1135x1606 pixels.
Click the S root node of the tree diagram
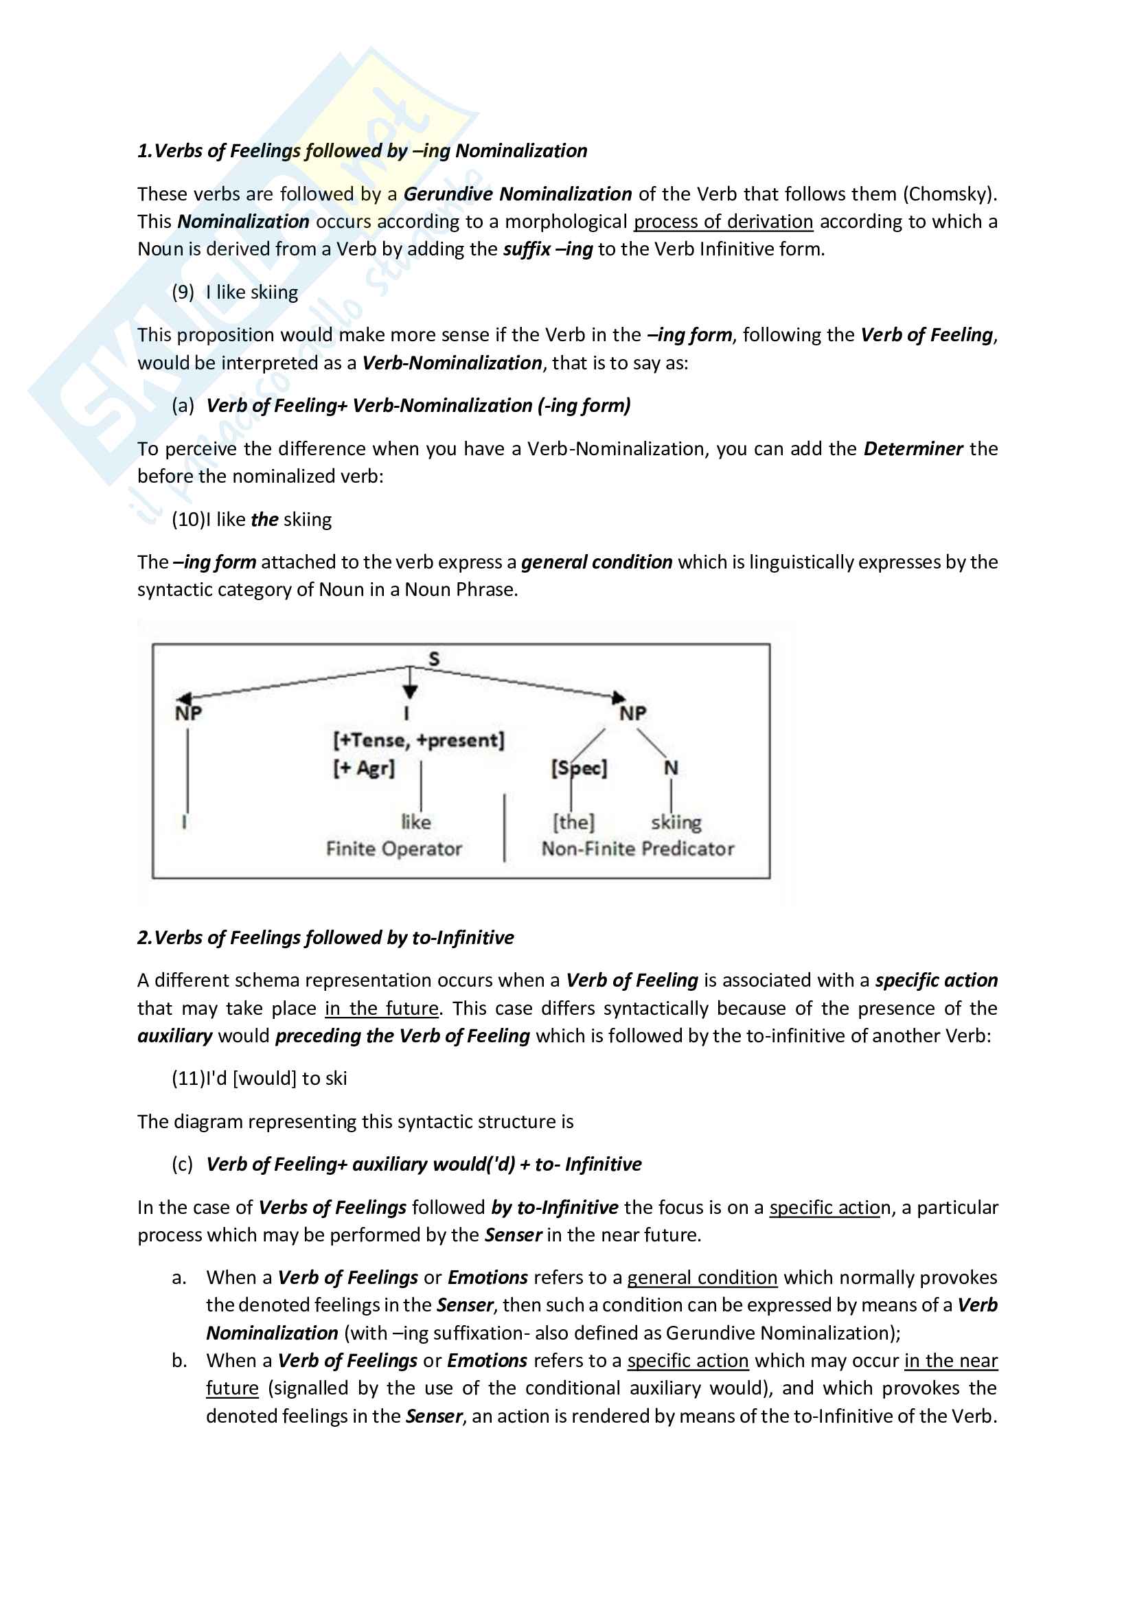(x=434, y=659)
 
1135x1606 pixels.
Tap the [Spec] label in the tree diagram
(x=579, y=768)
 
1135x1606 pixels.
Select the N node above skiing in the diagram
(x=671, y=768)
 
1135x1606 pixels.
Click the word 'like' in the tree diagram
(x=416, y=822)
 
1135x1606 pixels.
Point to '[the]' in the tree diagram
(x=573, y=822)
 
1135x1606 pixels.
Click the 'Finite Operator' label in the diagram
(x=393, y=849)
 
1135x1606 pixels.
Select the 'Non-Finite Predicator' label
(x=638, y=849)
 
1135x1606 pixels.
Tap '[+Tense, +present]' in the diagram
(x=418, y=740)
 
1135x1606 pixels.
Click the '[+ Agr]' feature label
(x=364, y=768)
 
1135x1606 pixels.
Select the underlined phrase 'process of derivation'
(x=723, y=222)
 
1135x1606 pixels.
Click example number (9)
(x=183, y=292)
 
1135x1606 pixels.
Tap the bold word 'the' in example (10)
(x=264, y=520)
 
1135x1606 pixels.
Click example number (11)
(x=187, y=1079)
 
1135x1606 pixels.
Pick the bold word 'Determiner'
(x=913, y=448)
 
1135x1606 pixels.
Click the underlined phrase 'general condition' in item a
(x=702, y=1278)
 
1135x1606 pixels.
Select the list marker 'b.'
(x=180, y=1360)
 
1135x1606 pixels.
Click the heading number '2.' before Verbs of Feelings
(x=144, y=938)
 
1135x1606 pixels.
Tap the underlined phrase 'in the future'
(x=382, y=1009)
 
